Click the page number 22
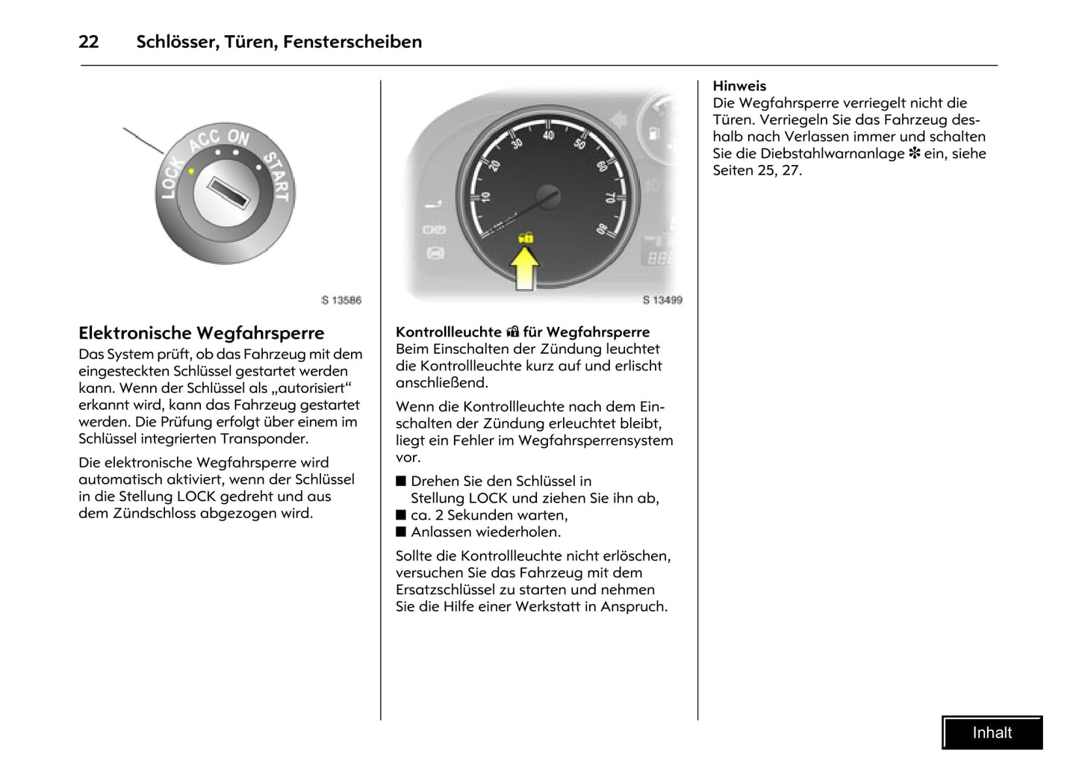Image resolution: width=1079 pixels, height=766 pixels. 88,42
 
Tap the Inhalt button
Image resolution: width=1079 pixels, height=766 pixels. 992,732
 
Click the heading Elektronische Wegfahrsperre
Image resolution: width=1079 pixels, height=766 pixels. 202,333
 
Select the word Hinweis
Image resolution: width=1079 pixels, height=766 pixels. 739,86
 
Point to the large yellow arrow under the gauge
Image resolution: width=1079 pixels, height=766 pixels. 526,268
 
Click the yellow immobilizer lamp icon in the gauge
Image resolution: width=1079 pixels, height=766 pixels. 526,237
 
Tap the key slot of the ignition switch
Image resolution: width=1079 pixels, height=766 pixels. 227,193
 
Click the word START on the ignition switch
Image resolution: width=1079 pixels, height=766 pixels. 276,175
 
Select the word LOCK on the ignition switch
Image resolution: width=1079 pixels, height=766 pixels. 171,178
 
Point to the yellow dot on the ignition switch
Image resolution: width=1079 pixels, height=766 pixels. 192,171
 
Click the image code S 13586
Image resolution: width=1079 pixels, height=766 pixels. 341,300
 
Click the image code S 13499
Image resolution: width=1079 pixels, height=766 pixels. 662,300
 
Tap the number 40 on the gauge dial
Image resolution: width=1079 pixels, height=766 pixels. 549,135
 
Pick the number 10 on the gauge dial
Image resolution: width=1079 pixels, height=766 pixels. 485,197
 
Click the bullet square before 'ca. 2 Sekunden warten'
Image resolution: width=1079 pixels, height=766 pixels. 401,515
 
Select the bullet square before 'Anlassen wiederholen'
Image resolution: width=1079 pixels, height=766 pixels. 401,532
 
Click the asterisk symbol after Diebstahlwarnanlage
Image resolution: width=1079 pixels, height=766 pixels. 914,154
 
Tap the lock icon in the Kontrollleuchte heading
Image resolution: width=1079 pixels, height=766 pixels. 512,332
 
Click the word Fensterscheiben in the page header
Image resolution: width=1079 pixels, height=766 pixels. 352,42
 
